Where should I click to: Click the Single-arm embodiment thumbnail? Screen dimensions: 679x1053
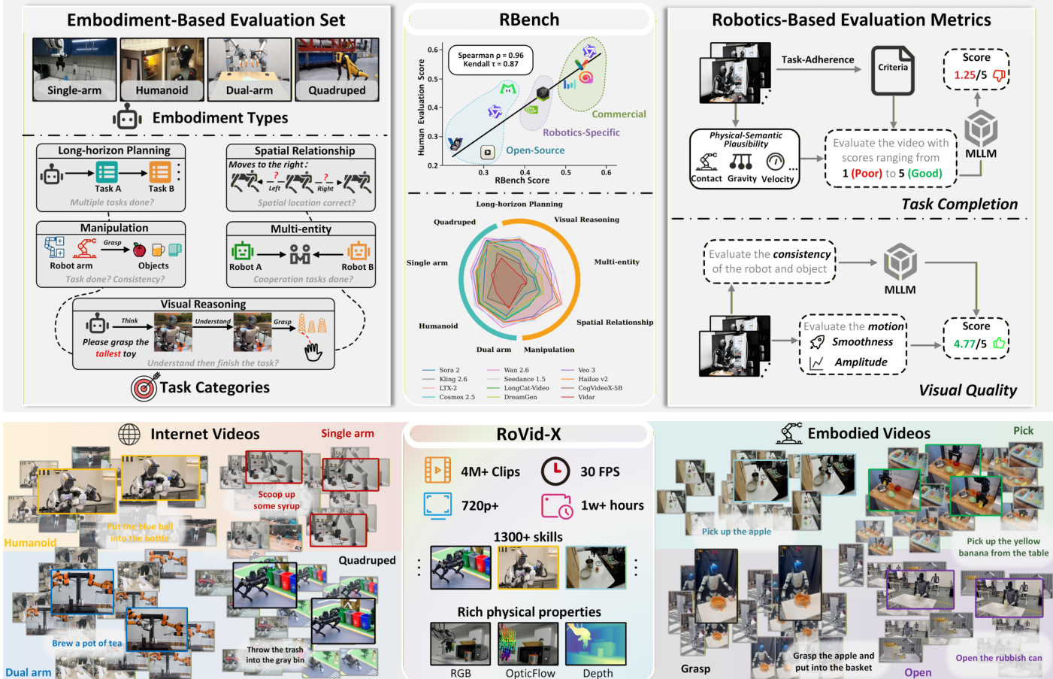(74, 69)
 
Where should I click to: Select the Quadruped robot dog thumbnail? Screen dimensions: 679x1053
(337, 69)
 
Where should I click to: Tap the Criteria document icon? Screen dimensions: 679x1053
(893, 71)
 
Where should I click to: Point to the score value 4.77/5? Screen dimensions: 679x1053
(970, 344)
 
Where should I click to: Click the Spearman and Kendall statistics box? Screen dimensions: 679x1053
(491, 59)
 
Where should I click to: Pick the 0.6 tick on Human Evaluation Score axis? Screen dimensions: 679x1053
(433, 50)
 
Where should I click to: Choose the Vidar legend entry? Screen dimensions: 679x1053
(586, 397)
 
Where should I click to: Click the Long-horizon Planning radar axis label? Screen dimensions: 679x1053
(519, 204)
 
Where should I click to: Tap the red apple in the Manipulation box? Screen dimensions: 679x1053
(139, 250)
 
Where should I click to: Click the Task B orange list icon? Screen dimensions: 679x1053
(159, 172)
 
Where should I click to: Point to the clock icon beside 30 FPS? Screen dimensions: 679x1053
(555, 471)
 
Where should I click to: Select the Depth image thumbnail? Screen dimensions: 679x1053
(595, 644)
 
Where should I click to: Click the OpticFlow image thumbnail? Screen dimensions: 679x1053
(528, 644)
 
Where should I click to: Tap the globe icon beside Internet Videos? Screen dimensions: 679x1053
(129, 434)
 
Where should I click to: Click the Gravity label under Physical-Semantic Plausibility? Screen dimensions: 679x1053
(742, 179)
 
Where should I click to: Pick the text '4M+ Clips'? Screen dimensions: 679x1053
(490, 471)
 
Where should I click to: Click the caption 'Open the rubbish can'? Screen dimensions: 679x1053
(999, 658)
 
